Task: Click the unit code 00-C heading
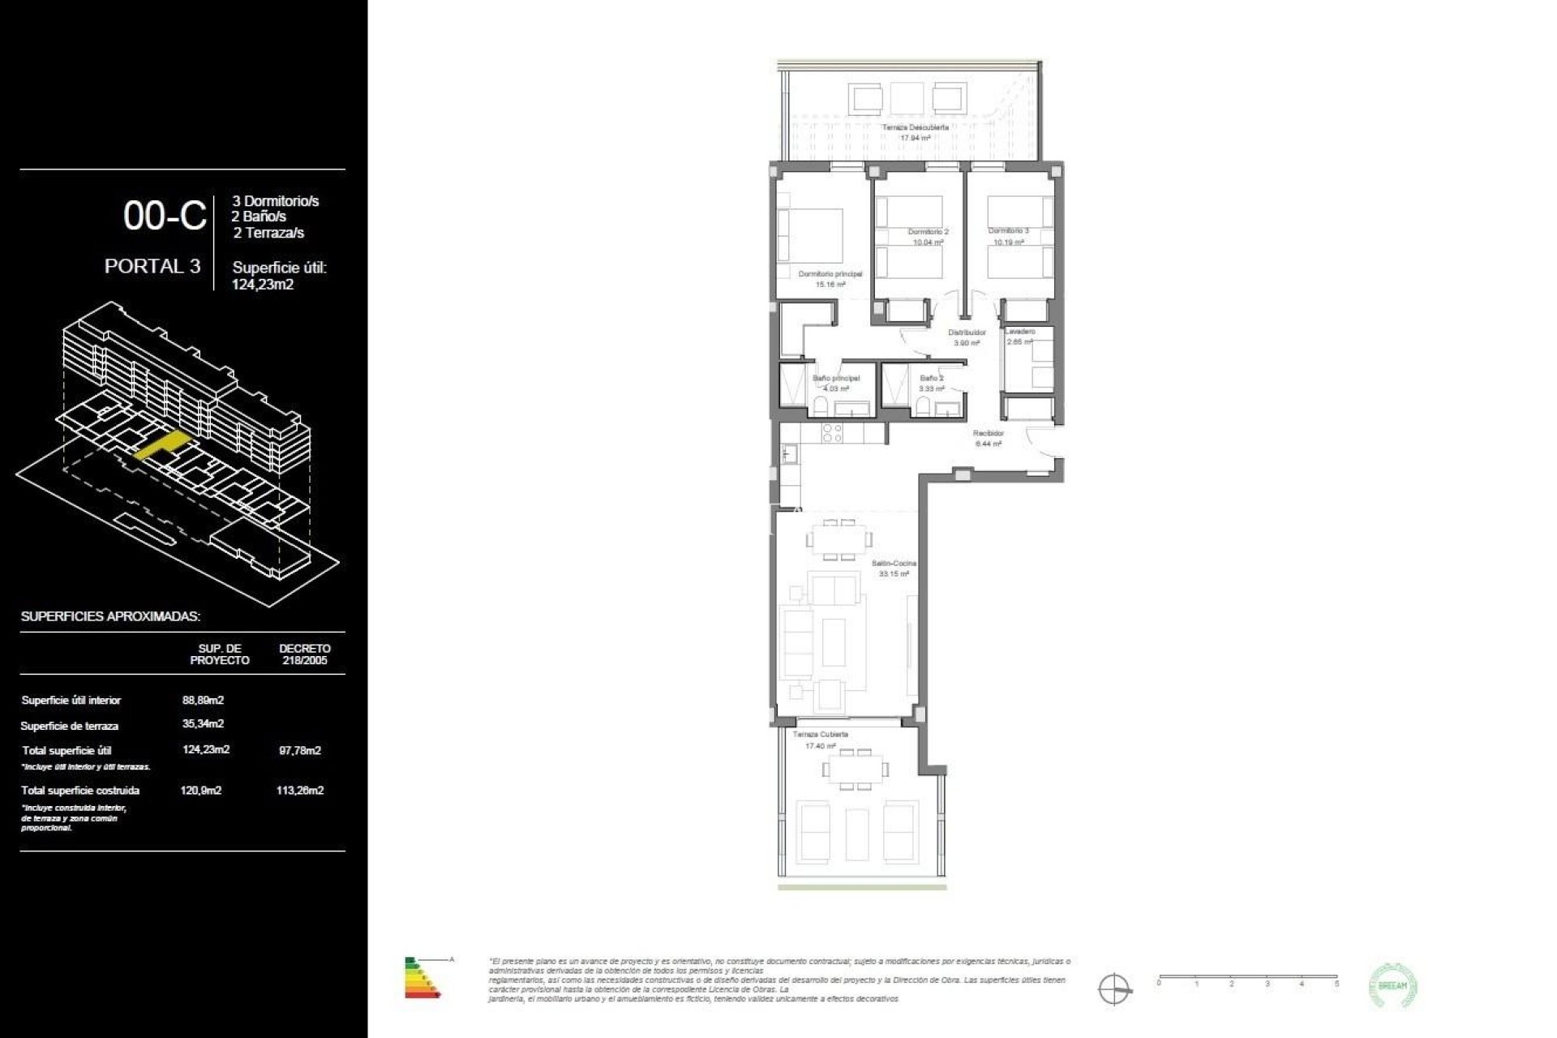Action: [165, 216]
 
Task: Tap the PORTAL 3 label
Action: [152, 266]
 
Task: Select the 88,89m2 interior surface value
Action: [203, 700]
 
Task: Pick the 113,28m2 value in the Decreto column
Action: [299, 790]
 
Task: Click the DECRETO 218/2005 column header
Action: [304, 654]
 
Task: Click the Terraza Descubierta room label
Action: [915, 127]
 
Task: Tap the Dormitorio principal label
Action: [830, 274]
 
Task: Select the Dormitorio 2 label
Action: [928, 232]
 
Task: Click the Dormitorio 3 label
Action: [1008, 231]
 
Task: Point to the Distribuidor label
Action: [967, 332]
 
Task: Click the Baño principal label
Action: [836, 378]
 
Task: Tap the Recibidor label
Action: [989, 434]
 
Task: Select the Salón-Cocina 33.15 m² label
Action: [894, 568]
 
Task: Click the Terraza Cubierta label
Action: [820, 734]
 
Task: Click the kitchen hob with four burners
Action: [833, 433]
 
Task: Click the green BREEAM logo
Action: [1392, 986]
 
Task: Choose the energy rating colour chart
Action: [422, 976]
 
